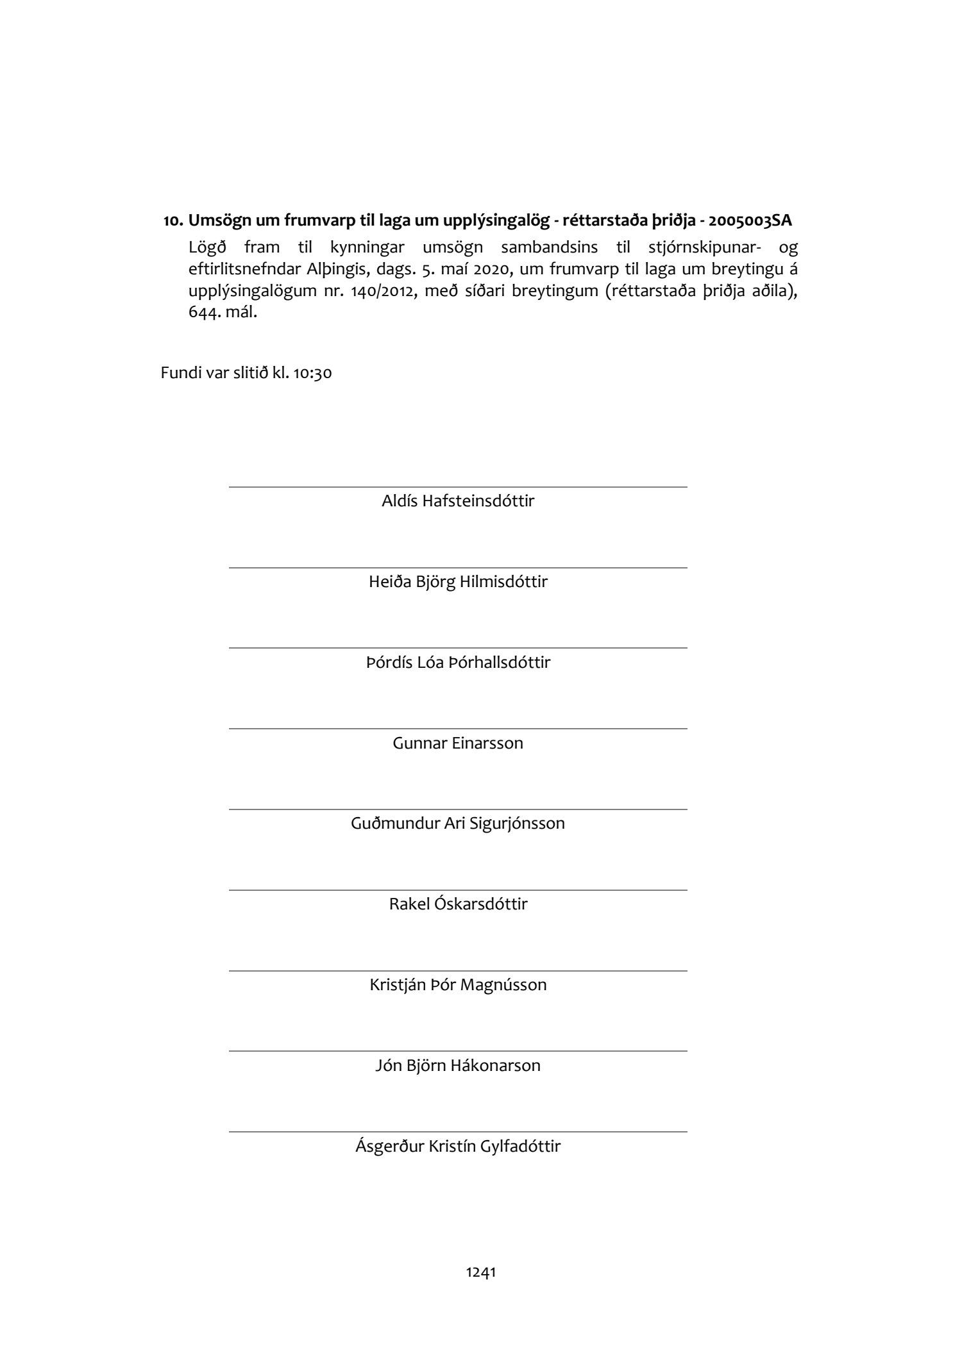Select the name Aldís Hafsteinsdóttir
[458, 501]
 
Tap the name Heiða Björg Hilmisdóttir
[458, 581]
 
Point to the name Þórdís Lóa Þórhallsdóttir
[458, 662]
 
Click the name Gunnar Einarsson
[458, 743]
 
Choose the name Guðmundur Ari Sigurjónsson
[458, 823]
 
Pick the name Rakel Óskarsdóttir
[458, 904]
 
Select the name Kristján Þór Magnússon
[458, 984]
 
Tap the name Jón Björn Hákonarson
[458, 1065]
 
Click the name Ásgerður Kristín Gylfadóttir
[458, 1146]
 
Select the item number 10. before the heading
[173, 222]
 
